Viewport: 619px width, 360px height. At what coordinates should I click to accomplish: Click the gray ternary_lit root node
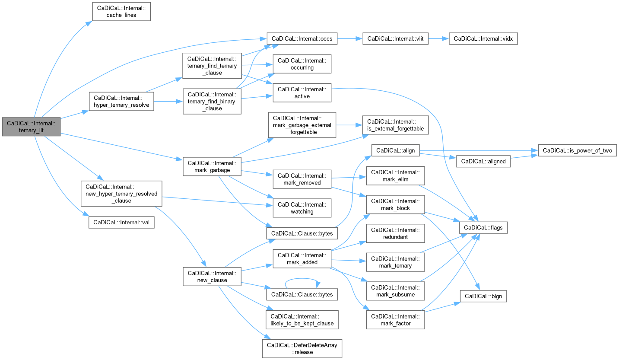(x=30, y=127)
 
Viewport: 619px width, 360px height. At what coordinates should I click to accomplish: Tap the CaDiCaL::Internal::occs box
(x=302, y=38)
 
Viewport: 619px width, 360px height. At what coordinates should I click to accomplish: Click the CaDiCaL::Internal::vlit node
(x=395, y=38)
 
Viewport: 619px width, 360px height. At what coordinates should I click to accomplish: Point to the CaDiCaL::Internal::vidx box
(x=483, y=38)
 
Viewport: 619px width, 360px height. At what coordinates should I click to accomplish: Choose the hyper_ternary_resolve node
(x=121, y=102)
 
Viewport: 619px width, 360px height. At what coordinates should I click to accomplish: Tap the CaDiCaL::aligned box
(x=483, y=161)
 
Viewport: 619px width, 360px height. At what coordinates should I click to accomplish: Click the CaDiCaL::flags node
(x=483, y=227)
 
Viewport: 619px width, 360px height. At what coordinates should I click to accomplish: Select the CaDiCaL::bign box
(x=483, y=296)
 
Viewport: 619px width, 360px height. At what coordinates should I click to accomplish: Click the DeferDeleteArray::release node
(x=302, y=348)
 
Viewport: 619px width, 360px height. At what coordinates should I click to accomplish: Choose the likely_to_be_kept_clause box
(x=302, y=320)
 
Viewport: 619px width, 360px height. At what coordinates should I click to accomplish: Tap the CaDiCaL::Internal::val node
(x=121, y=223)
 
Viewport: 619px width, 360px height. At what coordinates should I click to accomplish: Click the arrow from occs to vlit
(x=349, y=38)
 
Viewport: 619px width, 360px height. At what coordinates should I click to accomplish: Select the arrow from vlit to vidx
(x=438, y=38)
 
